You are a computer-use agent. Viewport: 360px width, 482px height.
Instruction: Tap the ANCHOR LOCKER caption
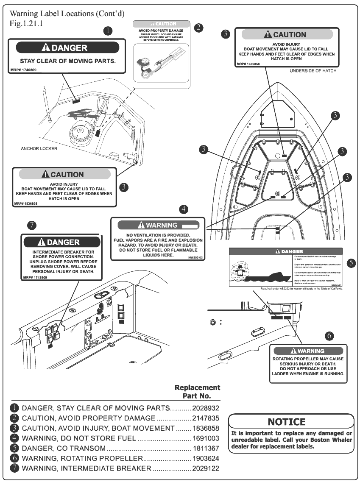point(39,149)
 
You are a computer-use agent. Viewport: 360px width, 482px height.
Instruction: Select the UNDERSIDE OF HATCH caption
point(313,71)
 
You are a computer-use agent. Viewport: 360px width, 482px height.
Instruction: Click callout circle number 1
point(109,31)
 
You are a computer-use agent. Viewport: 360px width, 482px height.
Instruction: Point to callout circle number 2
point(198,28)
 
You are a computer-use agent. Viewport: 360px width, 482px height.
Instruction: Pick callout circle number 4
point(184,209)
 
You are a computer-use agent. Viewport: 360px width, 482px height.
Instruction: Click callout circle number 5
point(351,263)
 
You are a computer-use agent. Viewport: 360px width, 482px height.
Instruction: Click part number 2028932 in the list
point(206,408)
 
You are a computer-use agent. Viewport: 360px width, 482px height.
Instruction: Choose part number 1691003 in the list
point(206,438)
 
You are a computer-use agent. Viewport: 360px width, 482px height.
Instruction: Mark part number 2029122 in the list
point(206,468)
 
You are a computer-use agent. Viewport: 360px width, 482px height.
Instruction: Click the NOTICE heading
point(287,422)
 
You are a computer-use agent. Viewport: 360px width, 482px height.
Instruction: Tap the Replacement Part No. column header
point(198,392)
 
